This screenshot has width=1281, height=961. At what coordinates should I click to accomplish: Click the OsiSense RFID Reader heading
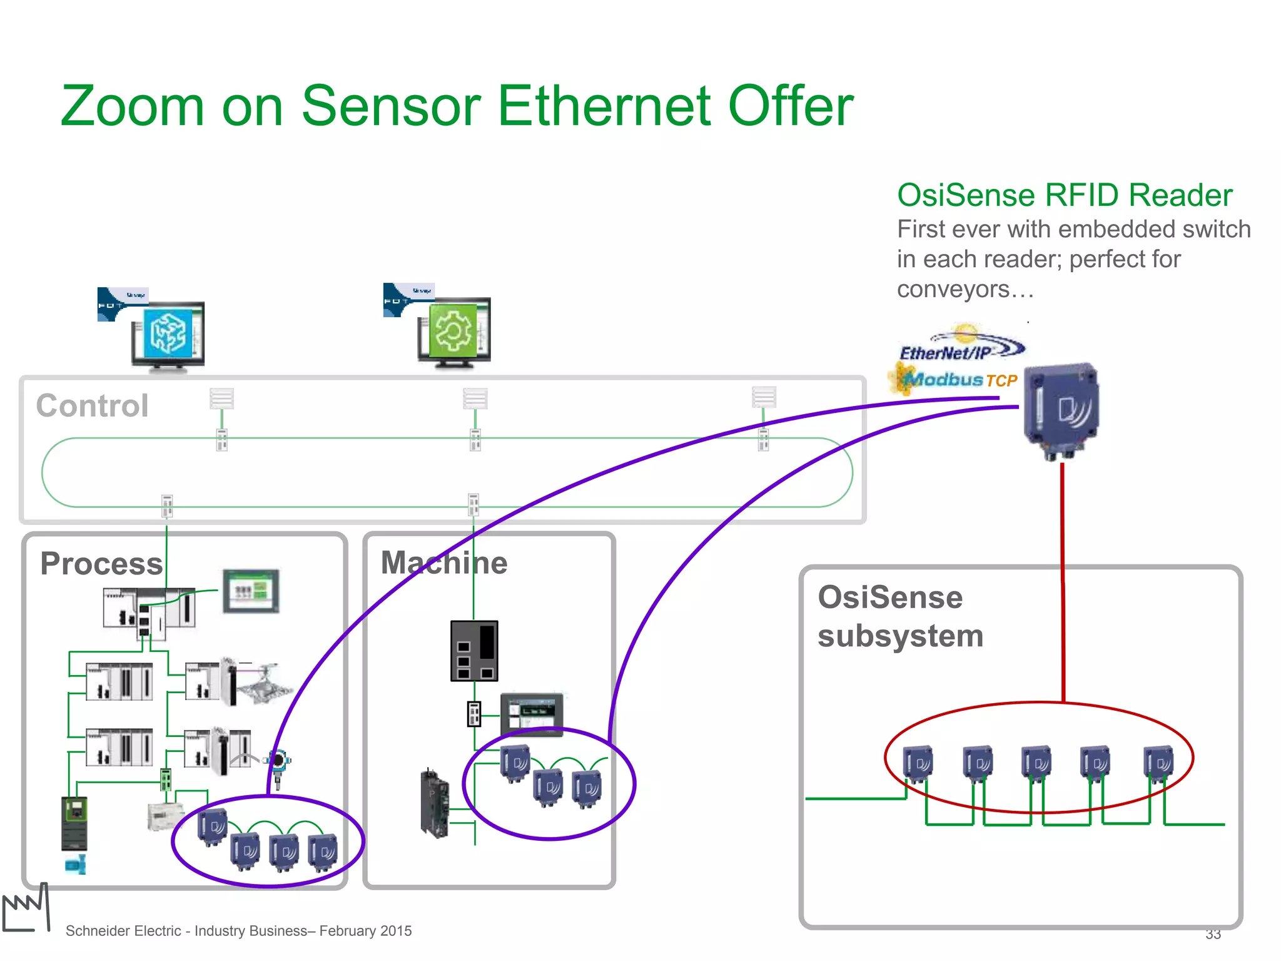pos(1064,195)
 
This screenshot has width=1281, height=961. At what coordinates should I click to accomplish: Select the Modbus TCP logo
pos(953,380)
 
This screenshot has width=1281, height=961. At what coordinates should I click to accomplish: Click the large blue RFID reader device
pos(1061,410)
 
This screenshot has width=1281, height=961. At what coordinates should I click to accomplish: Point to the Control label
pos(92,406)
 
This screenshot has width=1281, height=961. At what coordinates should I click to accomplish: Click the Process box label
pos(101,563)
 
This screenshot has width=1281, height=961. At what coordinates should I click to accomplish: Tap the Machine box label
pos(443,562)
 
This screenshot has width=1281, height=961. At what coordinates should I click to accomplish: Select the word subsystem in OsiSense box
pos(900,636)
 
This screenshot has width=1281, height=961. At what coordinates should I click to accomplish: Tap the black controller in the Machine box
pos(474,651)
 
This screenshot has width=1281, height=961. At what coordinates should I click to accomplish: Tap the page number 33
pos(1213,934)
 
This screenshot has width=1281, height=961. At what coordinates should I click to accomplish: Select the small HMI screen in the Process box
pos(251,591)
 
